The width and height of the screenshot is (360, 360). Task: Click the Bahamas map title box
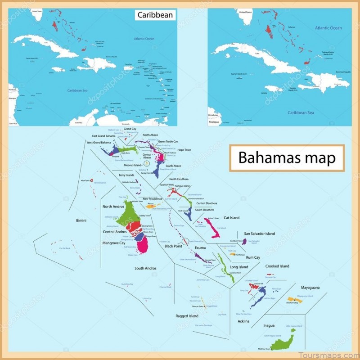[x=287, y=158]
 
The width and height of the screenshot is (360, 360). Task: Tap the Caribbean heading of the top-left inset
[x=155, y=16]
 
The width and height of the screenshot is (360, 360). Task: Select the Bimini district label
[x=81, y=220]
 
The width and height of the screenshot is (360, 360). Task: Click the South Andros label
[x=146, y=269]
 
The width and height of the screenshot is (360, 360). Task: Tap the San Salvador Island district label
[x=259, y=234]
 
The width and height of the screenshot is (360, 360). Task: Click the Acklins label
[x=243, y=321]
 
